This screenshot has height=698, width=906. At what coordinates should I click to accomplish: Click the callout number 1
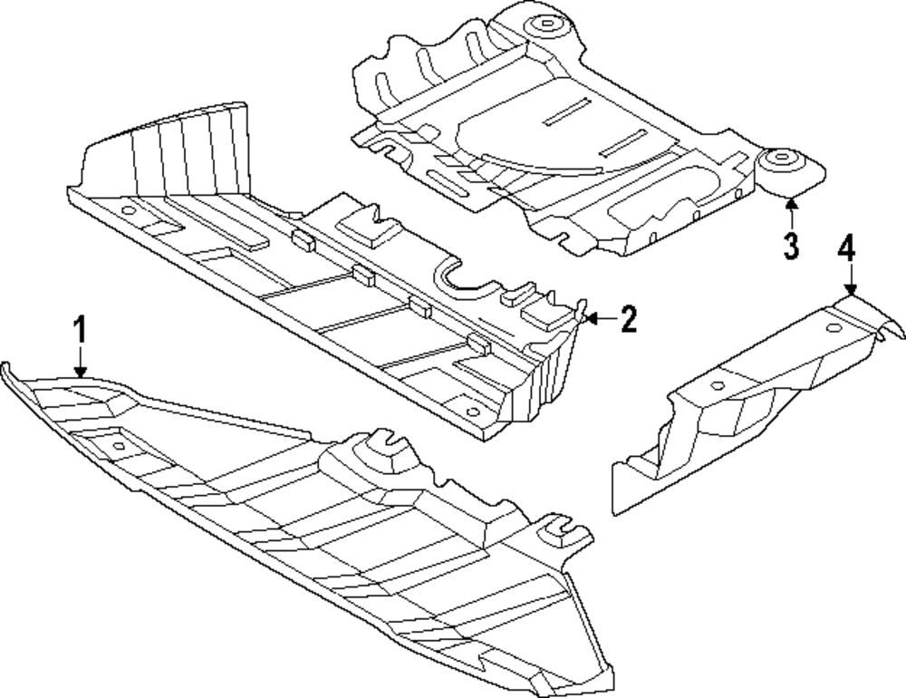pos(81,328)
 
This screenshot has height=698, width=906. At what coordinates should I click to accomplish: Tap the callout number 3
pos(791,245)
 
